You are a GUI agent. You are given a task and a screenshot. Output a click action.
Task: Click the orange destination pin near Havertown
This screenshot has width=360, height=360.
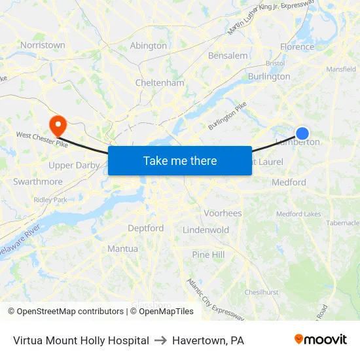coord(58,124)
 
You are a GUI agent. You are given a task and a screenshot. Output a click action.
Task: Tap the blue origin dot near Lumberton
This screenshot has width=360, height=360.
coord(302,133)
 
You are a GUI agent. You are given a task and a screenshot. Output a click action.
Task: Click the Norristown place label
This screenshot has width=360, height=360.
coord(43,45)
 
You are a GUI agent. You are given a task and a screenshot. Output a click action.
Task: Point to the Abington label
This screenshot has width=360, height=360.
coord(149,46)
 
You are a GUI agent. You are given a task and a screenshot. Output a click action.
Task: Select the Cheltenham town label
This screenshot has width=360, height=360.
coord(160,83)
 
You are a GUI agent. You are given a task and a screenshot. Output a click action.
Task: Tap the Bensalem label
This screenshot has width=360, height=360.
coord(228,56)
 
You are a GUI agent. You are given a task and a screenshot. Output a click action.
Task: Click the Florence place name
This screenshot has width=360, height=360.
coord(297,47)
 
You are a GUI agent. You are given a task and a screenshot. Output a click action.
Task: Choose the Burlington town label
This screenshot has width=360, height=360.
coord(269,77)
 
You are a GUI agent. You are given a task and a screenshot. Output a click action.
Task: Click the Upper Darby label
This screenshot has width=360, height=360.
coord(73,166)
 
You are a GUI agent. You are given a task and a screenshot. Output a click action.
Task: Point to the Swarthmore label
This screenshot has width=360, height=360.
coord(38,181)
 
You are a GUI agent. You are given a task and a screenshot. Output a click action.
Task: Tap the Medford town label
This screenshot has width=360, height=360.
coord(289,183)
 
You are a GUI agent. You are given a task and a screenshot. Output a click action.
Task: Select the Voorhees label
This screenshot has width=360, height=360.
coord(223,213)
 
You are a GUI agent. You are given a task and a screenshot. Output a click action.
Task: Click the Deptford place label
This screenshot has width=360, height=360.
coord(145,228)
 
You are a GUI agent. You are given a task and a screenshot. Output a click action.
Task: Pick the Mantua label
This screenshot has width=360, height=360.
coord(122,249)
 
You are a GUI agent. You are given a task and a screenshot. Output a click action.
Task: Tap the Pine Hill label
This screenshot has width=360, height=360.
coord(208,255)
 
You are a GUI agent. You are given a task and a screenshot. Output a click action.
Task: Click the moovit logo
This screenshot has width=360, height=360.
coord(320,340)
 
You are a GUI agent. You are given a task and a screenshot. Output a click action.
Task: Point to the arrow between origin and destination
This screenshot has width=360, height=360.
coord(160,340)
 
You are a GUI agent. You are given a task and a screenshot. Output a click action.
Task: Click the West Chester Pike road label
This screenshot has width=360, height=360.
coord(43,135)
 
